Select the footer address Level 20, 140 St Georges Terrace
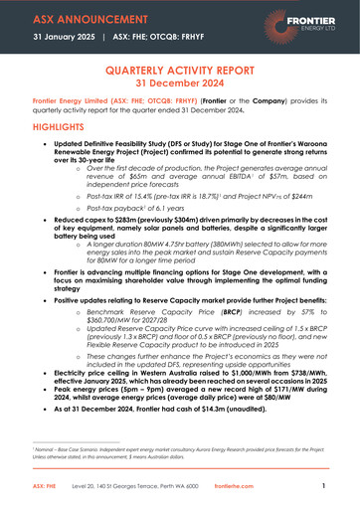pos(129,486)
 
